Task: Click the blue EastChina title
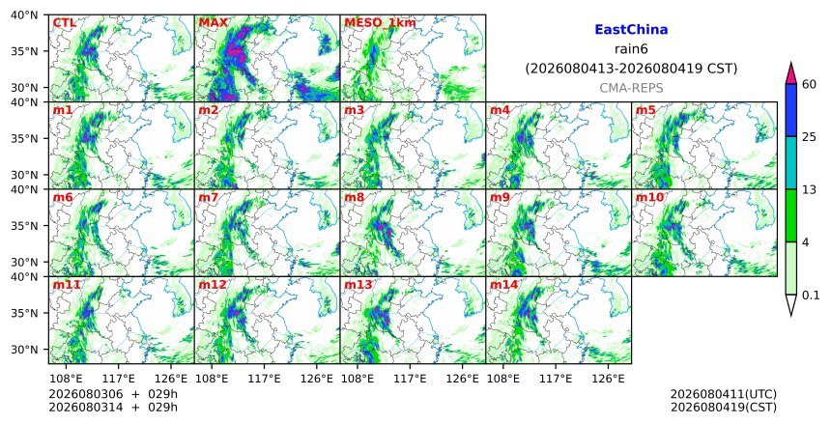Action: point(631,30)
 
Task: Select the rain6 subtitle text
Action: point(631,49)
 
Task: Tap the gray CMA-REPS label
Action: point(631,88)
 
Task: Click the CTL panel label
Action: point(64,23)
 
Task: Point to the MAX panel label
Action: point(213,23)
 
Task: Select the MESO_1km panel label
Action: point(380,23)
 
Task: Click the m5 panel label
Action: point(645,110)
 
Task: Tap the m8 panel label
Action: point(355,197)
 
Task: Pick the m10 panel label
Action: point(649,197)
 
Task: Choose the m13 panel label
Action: point(358,285)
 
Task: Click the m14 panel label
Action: point(504,285)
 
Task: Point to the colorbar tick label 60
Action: point(810,84)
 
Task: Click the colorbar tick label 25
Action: point(810,137)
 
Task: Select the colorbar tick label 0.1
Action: point(811,296)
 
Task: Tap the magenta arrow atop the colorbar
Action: point(790,73)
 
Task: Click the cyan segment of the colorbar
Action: point(790,162)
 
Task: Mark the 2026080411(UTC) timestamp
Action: point(724,394)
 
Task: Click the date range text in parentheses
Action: point(631,69)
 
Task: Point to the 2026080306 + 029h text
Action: point(113,394)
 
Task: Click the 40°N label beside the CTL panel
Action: point(24,14)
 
